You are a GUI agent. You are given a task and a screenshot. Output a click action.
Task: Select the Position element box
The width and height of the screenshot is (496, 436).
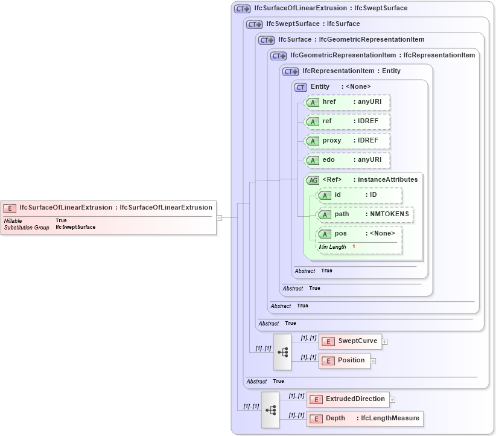345,361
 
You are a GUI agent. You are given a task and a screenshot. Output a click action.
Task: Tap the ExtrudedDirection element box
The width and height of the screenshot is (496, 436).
348,399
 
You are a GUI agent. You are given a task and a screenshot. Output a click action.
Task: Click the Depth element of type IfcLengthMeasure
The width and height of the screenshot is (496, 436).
364,418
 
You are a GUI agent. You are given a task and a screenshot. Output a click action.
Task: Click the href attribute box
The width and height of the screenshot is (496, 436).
347,102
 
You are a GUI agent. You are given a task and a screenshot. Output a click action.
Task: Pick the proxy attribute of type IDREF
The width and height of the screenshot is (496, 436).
347,141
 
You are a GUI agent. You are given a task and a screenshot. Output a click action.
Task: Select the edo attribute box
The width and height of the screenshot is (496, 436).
347,160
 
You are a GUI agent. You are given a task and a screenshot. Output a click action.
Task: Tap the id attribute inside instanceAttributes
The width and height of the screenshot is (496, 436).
359,195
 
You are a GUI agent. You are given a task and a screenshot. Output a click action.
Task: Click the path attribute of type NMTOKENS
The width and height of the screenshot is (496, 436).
365,214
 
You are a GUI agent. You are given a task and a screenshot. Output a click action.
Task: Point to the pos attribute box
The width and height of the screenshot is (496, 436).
359,234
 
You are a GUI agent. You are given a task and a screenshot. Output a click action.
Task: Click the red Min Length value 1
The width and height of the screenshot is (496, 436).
354,247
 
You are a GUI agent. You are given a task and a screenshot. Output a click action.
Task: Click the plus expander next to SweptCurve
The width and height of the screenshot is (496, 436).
385,341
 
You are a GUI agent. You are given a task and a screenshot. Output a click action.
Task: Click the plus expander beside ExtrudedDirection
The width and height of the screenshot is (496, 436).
392,399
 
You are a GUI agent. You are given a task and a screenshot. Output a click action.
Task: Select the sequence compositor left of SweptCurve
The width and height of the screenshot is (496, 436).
282,351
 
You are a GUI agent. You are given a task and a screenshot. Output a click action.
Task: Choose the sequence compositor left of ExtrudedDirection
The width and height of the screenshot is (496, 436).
270,409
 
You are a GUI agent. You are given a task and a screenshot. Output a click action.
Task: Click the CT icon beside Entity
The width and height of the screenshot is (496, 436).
300,87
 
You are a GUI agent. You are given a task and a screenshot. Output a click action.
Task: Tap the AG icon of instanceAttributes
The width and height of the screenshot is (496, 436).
313,180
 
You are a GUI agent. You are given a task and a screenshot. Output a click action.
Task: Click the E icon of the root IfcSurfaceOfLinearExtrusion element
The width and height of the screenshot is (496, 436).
10,208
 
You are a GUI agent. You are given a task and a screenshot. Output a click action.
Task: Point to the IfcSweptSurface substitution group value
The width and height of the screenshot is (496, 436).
75,228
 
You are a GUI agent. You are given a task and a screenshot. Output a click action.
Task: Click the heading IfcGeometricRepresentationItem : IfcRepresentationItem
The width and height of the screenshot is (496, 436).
383,55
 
